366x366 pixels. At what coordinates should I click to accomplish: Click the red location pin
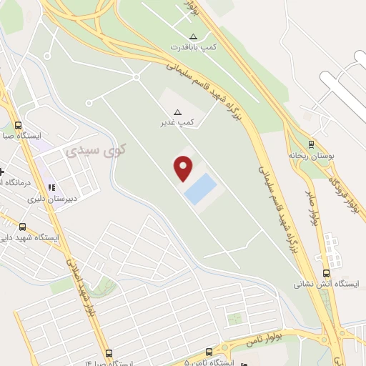point(184,168)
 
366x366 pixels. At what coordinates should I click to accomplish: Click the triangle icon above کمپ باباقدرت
point(192,36)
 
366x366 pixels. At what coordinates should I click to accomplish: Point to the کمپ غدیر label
point(177,123)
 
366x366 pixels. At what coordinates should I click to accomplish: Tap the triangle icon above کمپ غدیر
point(178,112)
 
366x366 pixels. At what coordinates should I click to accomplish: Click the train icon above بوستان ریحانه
point(310,144)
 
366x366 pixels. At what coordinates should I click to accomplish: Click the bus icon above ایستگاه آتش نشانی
point(327,272)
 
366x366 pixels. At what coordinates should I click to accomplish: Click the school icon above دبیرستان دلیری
point(51,187)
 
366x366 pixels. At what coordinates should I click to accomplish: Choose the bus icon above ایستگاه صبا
point(15,124)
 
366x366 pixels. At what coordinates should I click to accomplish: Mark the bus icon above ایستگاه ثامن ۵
point(209,352)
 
